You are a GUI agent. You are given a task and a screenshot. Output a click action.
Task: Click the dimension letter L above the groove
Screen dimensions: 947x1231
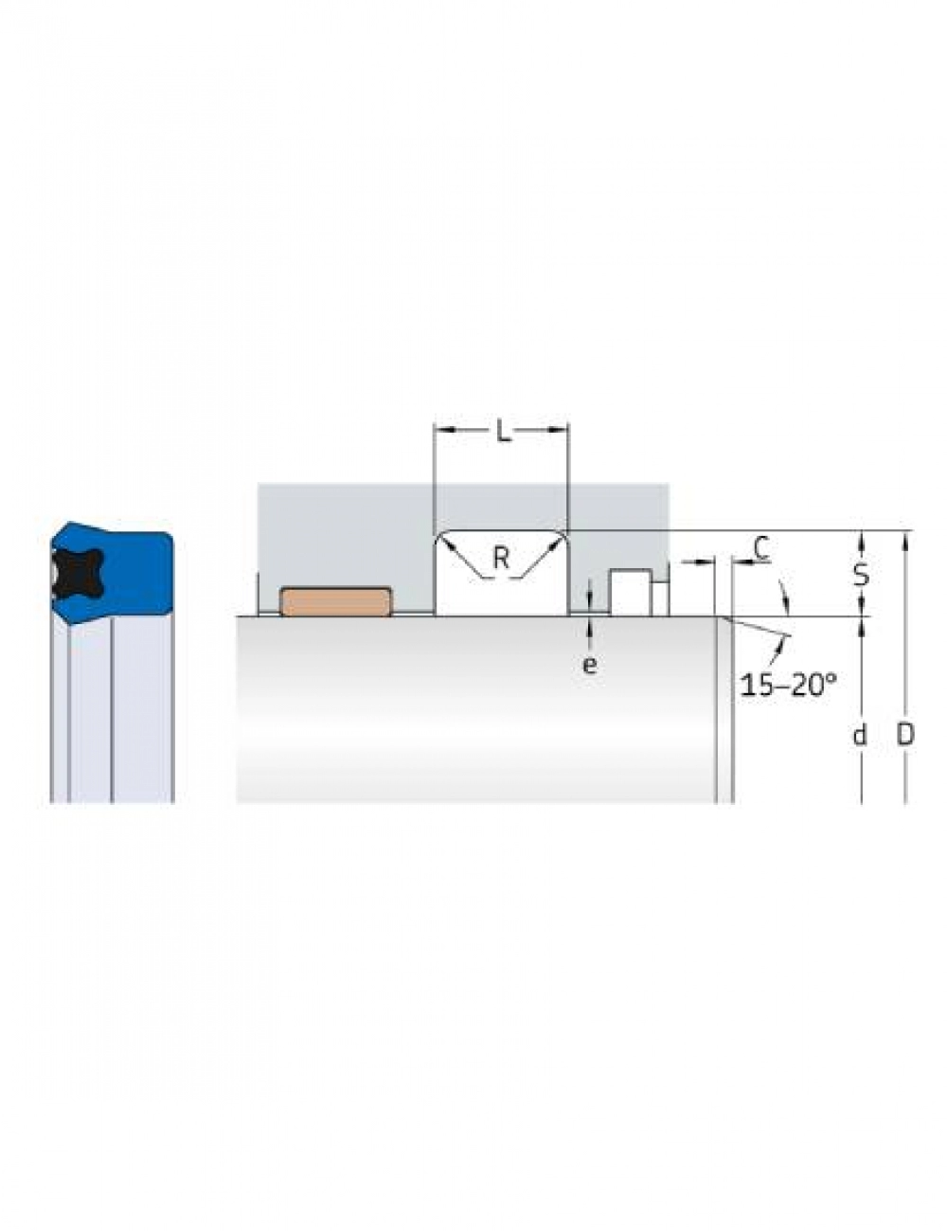tap(503, 432)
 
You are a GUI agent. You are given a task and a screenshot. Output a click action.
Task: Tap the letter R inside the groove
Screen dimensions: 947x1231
tap(501, 558)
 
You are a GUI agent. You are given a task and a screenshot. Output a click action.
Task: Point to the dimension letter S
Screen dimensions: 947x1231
tap(860, 575)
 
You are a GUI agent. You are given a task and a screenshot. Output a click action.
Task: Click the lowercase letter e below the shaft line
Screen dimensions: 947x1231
tap(590, 665)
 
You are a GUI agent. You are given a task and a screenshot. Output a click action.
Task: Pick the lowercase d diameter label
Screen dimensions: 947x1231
tap(860, 736)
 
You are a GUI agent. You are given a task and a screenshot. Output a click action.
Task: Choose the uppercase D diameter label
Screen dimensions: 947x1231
tap(905, 735)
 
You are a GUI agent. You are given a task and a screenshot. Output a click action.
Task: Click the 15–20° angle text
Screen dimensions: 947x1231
tap(788, 686)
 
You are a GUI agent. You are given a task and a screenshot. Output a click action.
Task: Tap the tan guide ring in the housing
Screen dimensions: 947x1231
tap(336, 601)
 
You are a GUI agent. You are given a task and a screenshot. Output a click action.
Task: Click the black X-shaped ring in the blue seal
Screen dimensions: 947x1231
tap(77, 573)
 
